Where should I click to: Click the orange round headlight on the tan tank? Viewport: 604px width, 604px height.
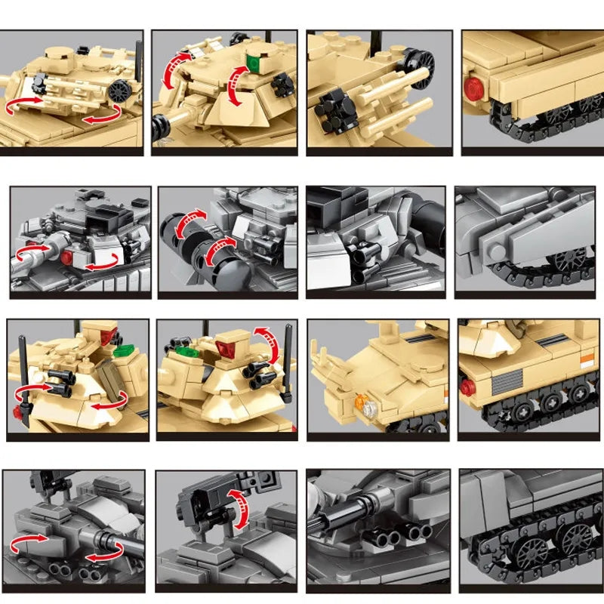pyautogui.click(x=363, y=402)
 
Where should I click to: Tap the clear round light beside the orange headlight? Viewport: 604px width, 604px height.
pyautogui.click(x=370, y=410)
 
